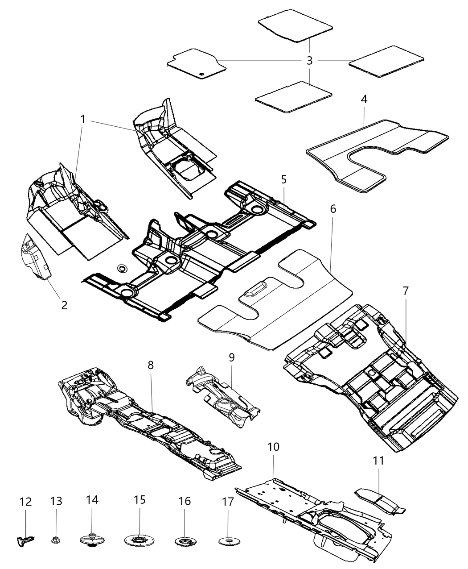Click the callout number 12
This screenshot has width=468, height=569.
coord(26,502)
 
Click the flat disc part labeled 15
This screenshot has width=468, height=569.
coord(140,541)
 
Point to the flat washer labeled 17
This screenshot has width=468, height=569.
coord(228,542)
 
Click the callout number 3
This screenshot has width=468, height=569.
coord(310,61)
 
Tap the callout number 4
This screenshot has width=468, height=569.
coord(364,100)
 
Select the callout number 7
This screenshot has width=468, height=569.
coord(405,291)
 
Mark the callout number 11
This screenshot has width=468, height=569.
coord(378,461)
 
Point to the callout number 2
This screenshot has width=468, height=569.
coord(64,305)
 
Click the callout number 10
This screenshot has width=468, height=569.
coord(273,446)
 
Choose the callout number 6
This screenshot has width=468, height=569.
coord(333,209)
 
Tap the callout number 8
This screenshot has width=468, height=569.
coord(151,365)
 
